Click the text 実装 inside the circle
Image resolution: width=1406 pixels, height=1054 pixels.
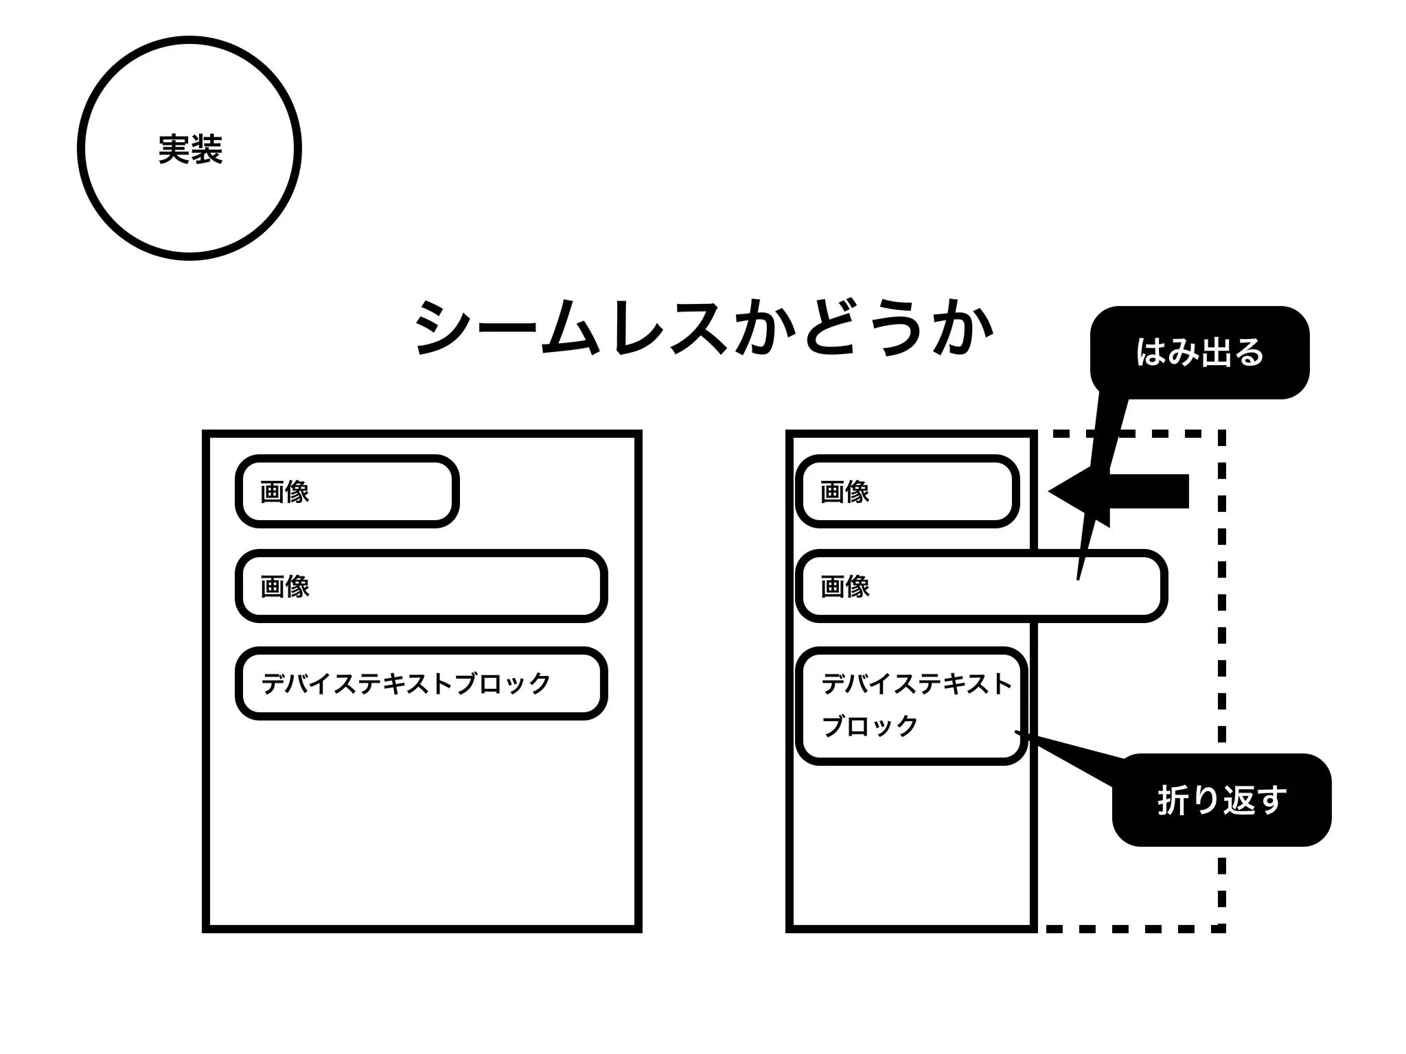[190, 150]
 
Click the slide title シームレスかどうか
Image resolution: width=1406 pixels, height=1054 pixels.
[704, 328]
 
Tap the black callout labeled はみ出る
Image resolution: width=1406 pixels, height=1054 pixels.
[1199, 352]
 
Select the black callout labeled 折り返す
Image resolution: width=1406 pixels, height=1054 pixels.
[1221, 800]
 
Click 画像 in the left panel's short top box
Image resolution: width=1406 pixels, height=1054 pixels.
[284, 492]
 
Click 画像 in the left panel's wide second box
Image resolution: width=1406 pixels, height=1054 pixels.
[284, 587]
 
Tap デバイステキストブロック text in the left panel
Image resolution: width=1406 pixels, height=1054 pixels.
[406, 683]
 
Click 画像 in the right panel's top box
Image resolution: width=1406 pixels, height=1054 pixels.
[844, 492]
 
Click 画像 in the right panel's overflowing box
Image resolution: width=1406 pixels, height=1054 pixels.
[844, 587]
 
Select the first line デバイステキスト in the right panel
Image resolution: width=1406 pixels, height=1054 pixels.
[917, 683]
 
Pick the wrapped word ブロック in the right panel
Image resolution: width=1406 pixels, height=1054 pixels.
[869, 726]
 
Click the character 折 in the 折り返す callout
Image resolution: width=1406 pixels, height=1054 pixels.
[1173, 800]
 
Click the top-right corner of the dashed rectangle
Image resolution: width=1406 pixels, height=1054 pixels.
[1221, 434]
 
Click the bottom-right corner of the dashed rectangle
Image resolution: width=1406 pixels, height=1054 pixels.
[1221, 928]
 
